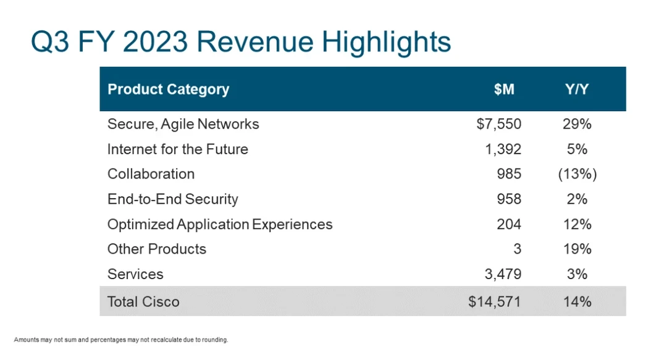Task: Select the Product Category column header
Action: [x=168, y=89]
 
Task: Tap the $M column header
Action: [x=504, y=89]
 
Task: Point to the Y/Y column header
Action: [x=577, y=89]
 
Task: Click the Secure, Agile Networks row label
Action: [x=183, y=124]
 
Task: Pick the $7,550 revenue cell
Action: [x=499, y=124]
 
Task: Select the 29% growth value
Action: [x=577, y=124]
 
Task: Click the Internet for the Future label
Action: [x=177, y=149]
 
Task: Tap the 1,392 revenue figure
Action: [x=504, y=149]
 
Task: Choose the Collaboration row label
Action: [x=151, y=174]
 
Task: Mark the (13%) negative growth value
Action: [x=577, y=174]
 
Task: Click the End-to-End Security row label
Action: [x=172, y=199]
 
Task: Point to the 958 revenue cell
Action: [x=509, y=199]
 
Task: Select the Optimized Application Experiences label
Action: [x=220, y=224]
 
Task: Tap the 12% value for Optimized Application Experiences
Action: [x=577, y=224]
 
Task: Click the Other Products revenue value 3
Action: [x=517, y=249]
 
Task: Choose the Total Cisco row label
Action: [x=143, y=301]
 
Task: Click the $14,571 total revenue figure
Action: [x=495, y=301]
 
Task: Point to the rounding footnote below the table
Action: [x=121, y=339]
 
